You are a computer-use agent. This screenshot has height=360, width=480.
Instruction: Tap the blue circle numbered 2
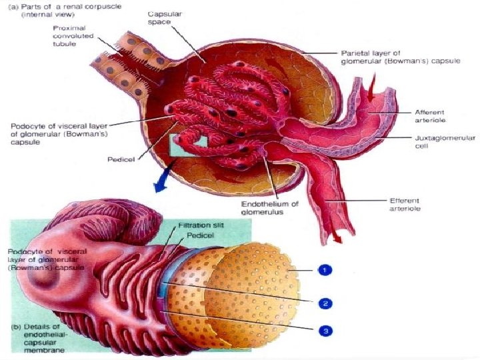[x=325, y=303]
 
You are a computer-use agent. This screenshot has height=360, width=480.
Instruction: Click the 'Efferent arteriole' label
[x=409, y=205]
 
